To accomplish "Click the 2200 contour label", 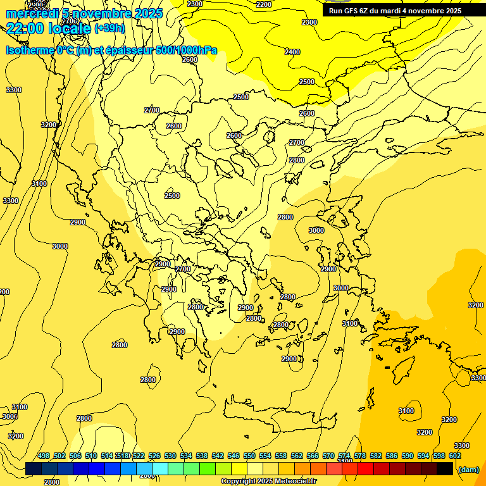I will coord(263,4).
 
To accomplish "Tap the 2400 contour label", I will coord(292,52).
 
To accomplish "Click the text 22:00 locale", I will coord(48,28).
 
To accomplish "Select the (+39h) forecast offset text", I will coord(109,28).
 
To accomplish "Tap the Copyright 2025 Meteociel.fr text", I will coord(268,482).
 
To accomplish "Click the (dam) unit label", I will coord(468,469).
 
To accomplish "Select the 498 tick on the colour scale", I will coord(44,456).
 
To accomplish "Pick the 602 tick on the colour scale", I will coord(455,456).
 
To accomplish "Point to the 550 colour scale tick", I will coord(249,456).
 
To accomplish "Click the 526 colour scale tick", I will coord(154,456).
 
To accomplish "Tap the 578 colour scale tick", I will coord(360,456).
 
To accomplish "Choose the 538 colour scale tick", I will coord(202,456).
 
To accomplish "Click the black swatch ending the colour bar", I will coord(445,469).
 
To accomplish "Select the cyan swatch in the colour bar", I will coord(160,469).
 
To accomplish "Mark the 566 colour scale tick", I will coord(313,456).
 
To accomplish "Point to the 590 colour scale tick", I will coord(408,456).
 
